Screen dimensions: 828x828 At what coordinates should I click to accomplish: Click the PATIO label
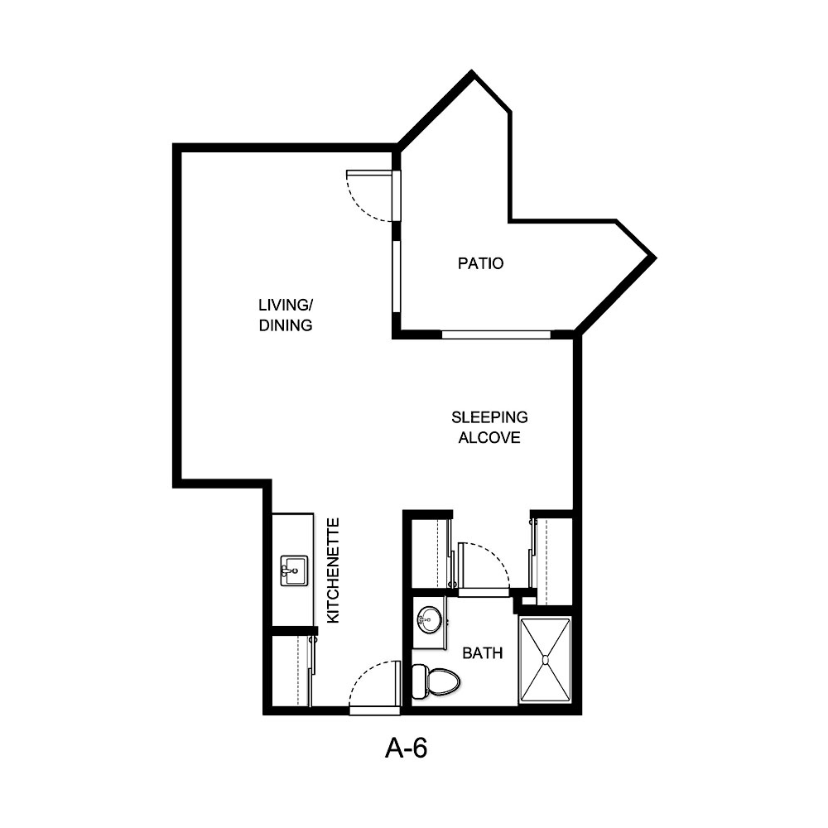point(481,264)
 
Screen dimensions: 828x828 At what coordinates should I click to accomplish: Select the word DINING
point(285,325)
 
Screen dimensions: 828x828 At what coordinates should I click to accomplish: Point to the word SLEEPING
point(489,417)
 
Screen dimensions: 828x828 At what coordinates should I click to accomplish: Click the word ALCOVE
point(489,438)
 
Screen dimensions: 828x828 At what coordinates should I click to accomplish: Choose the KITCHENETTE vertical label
point(333,570)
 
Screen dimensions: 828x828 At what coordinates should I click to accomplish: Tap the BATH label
point(483,653)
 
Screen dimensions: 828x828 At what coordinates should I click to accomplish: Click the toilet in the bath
point(436,681)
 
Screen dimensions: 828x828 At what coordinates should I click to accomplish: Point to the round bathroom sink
point(429,618)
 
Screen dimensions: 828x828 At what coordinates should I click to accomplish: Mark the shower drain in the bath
point(546,660)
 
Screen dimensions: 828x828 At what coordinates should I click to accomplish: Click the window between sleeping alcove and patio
point(496,335)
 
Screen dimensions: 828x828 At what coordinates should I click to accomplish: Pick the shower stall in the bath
point(545,660)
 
